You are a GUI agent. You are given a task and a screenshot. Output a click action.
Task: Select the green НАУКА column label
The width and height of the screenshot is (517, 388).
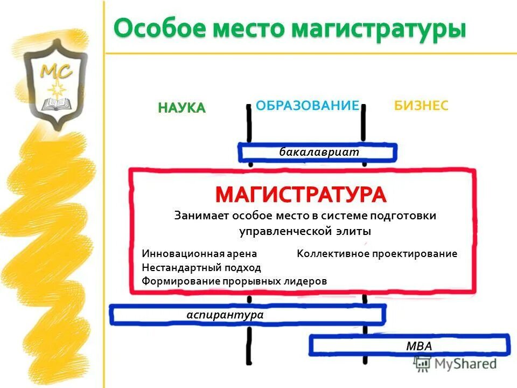[x=182, y=108]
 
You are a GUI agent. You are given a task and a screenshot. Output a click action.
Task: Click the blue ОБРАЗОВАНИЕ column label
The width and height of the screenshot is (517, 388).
[x=307, y=105]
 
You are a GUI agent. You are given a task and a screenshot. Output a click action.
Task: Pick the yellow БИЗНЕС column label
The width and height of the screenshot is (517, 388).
[x=421, y=105]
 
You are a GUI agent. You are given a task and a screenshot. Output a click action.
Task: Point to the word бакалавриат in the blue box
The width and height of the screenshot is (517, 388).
[x=319, y=152]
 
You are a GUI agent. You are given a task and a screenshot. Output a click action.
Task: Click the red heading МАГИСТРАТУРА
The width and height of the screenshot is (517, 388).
[x=301, y=195]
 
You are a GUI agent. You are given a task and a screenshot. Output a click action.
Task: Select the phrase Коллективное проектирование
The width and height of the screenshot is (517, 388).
[x=377, y=253]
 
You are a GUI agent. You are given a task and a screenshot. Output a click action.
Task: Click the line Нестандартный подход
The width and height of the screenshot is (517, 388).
[x=201, y=267]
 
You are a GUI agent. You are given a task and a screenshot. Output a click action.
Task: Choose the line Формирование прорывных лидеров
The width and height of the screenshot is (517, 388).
[x=234, y=281]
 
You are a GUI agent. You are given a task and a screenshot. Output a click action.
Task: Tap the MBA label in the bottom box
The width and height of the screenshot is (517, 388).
[x=419, y=346]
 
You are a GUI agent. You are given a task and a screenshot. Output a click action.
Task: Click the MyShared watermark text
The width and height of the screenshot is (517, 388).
[x=466, y=364]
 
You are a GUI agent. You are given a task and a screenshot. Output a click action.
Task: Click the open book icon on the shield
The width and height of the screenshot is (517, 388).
[x=54, y=103]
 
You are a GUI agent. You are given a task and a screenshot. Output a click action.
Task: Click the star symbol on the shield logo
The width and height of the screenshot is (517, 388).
[x=54, y=87]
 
